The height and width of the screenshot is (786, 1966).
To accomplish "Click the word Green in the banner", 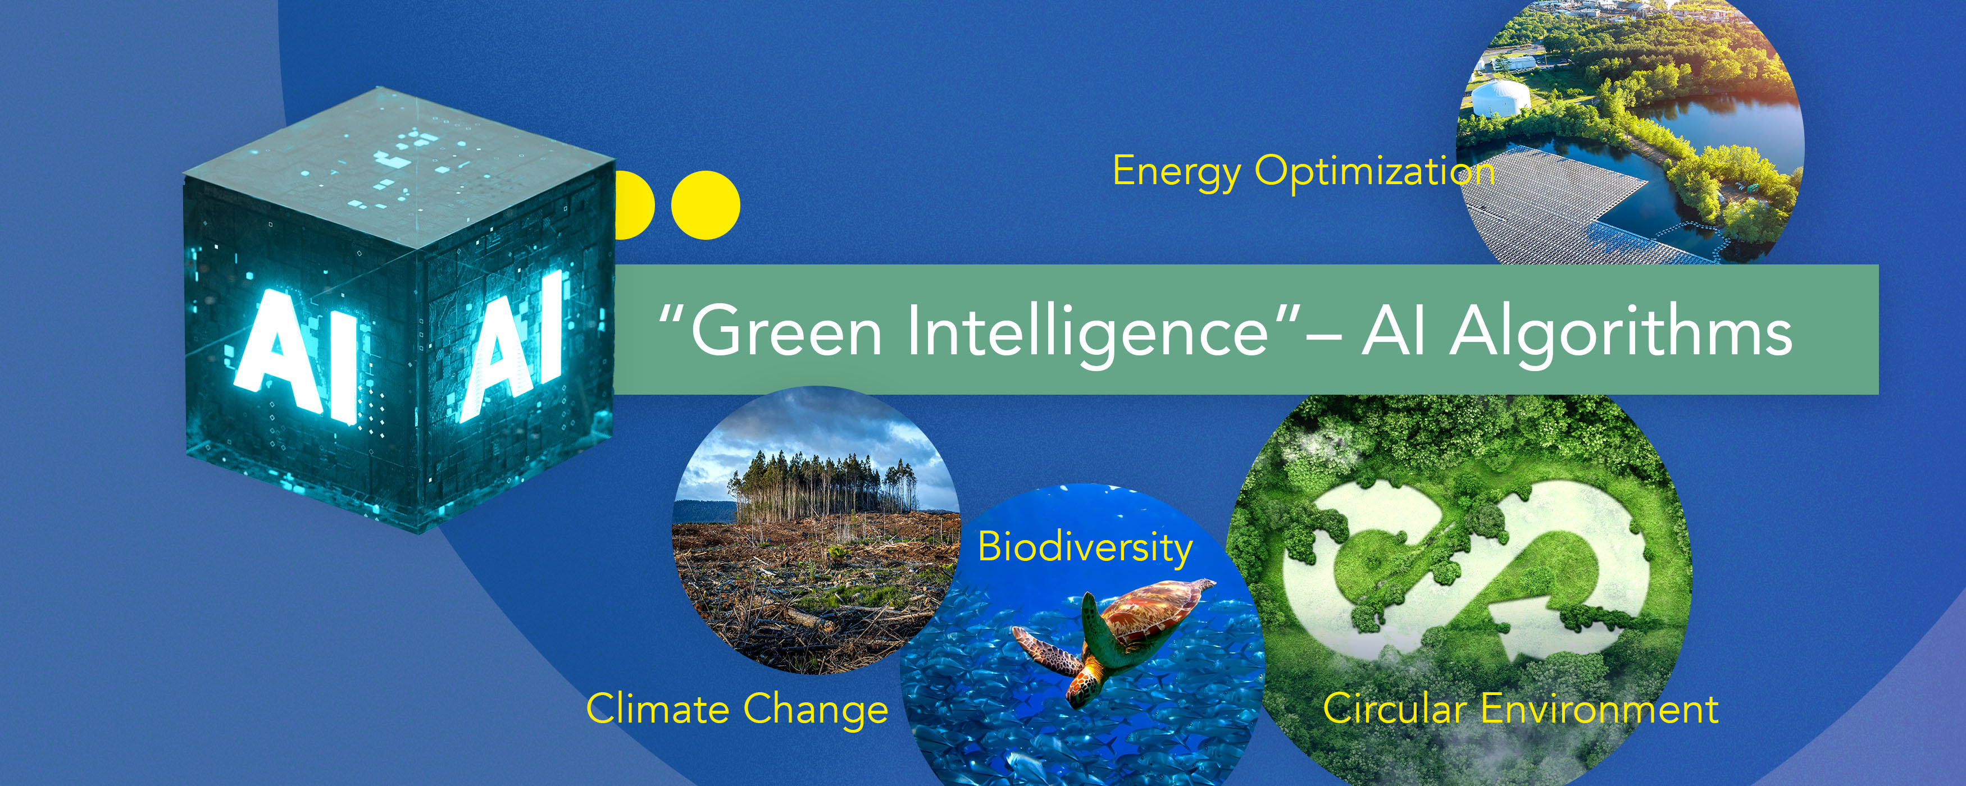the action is (x=786, y=331).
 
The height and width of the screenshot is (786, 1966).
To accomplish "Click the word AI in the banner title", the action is (x=1394, y=331).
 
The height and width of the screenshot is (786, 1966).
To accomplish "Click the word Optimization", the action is (x=1375, y=172).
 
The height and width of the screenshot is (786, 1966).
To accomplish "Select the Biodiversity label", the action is (x=1085, y=549).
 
